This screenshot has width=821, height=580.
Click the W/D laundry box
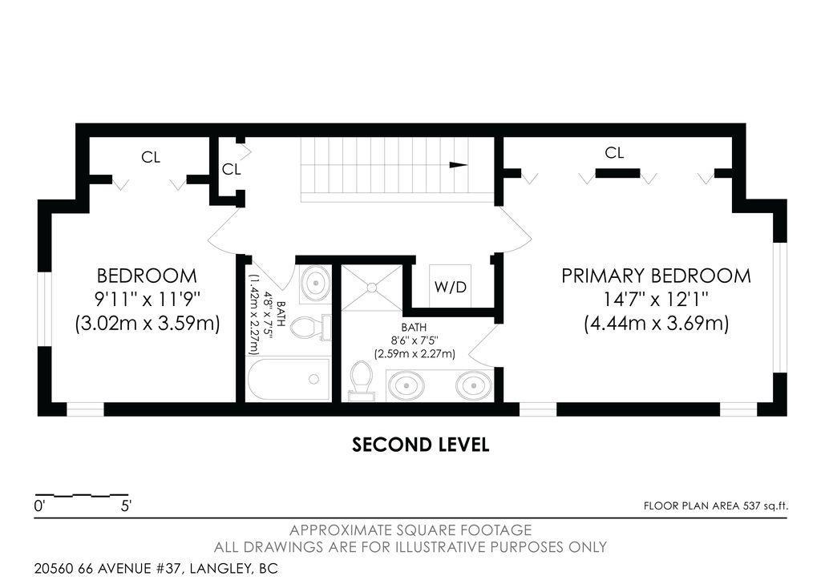click(450, 286)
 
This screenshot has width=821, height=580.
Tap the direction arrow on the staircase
click(458, 165)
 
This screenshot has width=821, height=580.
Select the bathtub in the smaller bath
click(289, 380)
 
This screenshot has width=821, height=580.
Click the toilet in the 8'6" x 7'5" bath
click(362, 380)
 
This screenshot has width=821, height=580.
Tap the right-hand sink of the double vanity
click(473, 385)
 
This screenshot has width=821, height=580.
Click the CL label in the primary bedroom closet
click(614, 153)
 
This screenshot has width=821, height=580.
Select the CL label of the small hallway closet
click(231, 170)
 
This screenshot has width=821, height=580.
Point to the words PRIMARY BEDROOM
click(656, 276)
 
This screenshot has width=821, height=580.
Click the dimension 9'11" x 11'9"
click(147, 300)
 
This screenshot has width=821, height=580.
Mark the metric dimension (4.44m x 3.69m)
click(656, 324)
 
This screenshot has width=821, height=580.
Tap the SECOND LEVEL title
click(420, 445)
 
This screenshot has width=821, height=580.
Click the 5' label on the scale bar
click(126, 506)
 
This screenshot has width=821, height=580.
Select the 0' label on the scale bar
click(39, 506)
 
